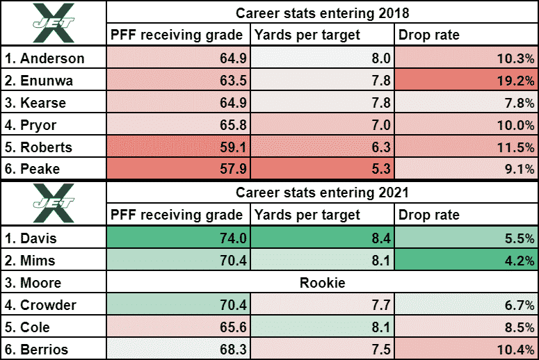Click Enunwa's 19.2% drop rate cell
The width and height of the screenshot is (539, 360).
coord(466,80)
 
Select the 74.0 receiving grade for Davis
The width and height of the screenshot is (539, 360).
coord(179,239)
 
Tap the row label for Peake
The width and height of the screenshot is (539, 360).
coord(54,170)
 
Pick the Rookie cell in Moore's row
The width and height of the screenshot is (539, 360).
coord(322,284)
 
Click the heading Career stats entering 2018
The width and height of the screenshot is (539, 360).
coord(322,12)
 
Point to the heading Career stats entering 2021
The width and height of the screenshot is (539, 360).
coord(322,192)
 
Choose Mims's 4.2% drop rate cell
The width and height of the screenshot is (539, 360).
coord(466,261)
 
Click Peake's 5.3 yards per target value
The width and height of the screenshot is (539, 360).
coord(322,170)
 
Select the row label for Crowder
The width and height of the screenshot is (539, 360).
coord(54,305)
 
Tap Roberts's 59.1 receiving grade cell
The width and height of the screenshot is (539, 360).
coord(179,147)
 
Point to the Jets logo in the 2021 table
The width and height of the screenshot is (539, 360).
coord(54,203)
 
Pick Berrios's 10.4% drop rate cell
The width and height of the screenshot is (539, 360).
coord(466,350)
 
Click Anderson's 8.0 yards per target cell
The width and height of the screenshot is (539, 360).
coord(322,58)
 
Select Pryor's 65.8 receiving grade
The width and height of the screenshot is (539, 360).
coord(179,125)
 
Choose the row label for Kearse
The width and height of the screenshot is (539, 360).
coord(54,103)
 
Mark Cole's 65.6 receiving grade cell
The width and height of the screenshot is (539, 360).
coord(179,327)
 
